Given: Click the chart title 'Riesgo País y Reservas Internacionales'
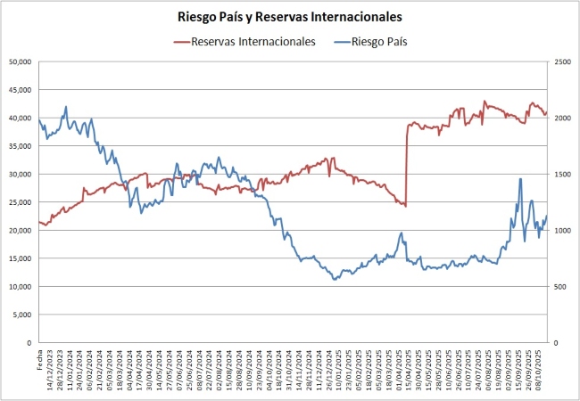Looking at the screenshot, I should (x=289, y=16).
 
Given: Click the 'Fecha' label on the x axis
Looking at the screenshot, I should (x=40, y=359).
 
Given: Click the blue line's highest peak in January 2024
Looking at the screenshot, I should (x=66, y=107).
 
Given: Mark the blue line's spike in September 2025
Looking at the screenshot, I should (x=520, y=179).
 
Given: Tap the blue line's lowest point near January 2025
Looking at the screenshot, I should (x=335, y=280).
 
